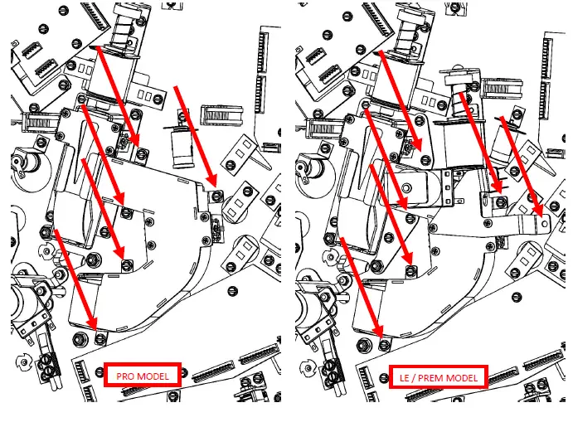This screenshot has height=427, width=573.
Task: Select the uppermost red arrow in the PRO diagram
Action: pyautogui.click(x=117, y=94)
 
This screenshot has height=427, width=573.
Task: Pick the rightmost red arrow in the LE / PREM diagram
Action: pyautogui.click(x=522, y=166)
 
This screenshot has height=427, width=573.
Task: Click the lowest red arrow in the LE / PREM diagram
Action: pyautogui.click(x=360, y=282)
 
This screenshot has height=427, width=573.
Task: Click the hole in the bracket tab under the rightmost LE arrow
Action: pyautogui.click(x=541, y=221)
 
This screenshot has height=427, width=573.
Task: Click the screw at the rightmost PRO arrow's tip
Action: pyautogui.click(x=217, y=197)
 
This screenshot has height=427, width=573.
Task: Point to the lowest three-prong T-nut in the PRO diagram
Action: pyautogui.click(x=23, y=361)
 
